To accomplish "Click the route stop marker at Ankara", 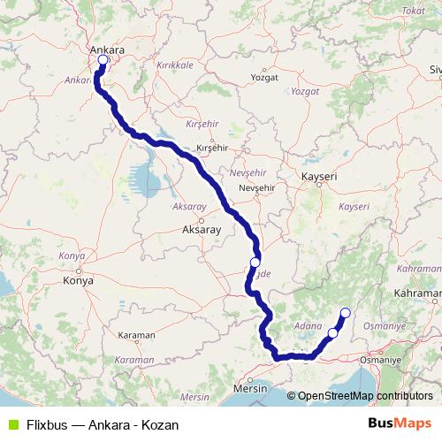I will click(103, 60).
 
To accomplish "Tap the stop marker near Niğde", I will click(255, 263).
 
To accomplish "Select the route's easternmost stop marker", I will click(345, 312).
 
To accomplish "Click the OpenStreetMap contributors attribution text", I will click(365, 397).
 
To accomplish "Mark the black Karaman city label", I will click(136, 336).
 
